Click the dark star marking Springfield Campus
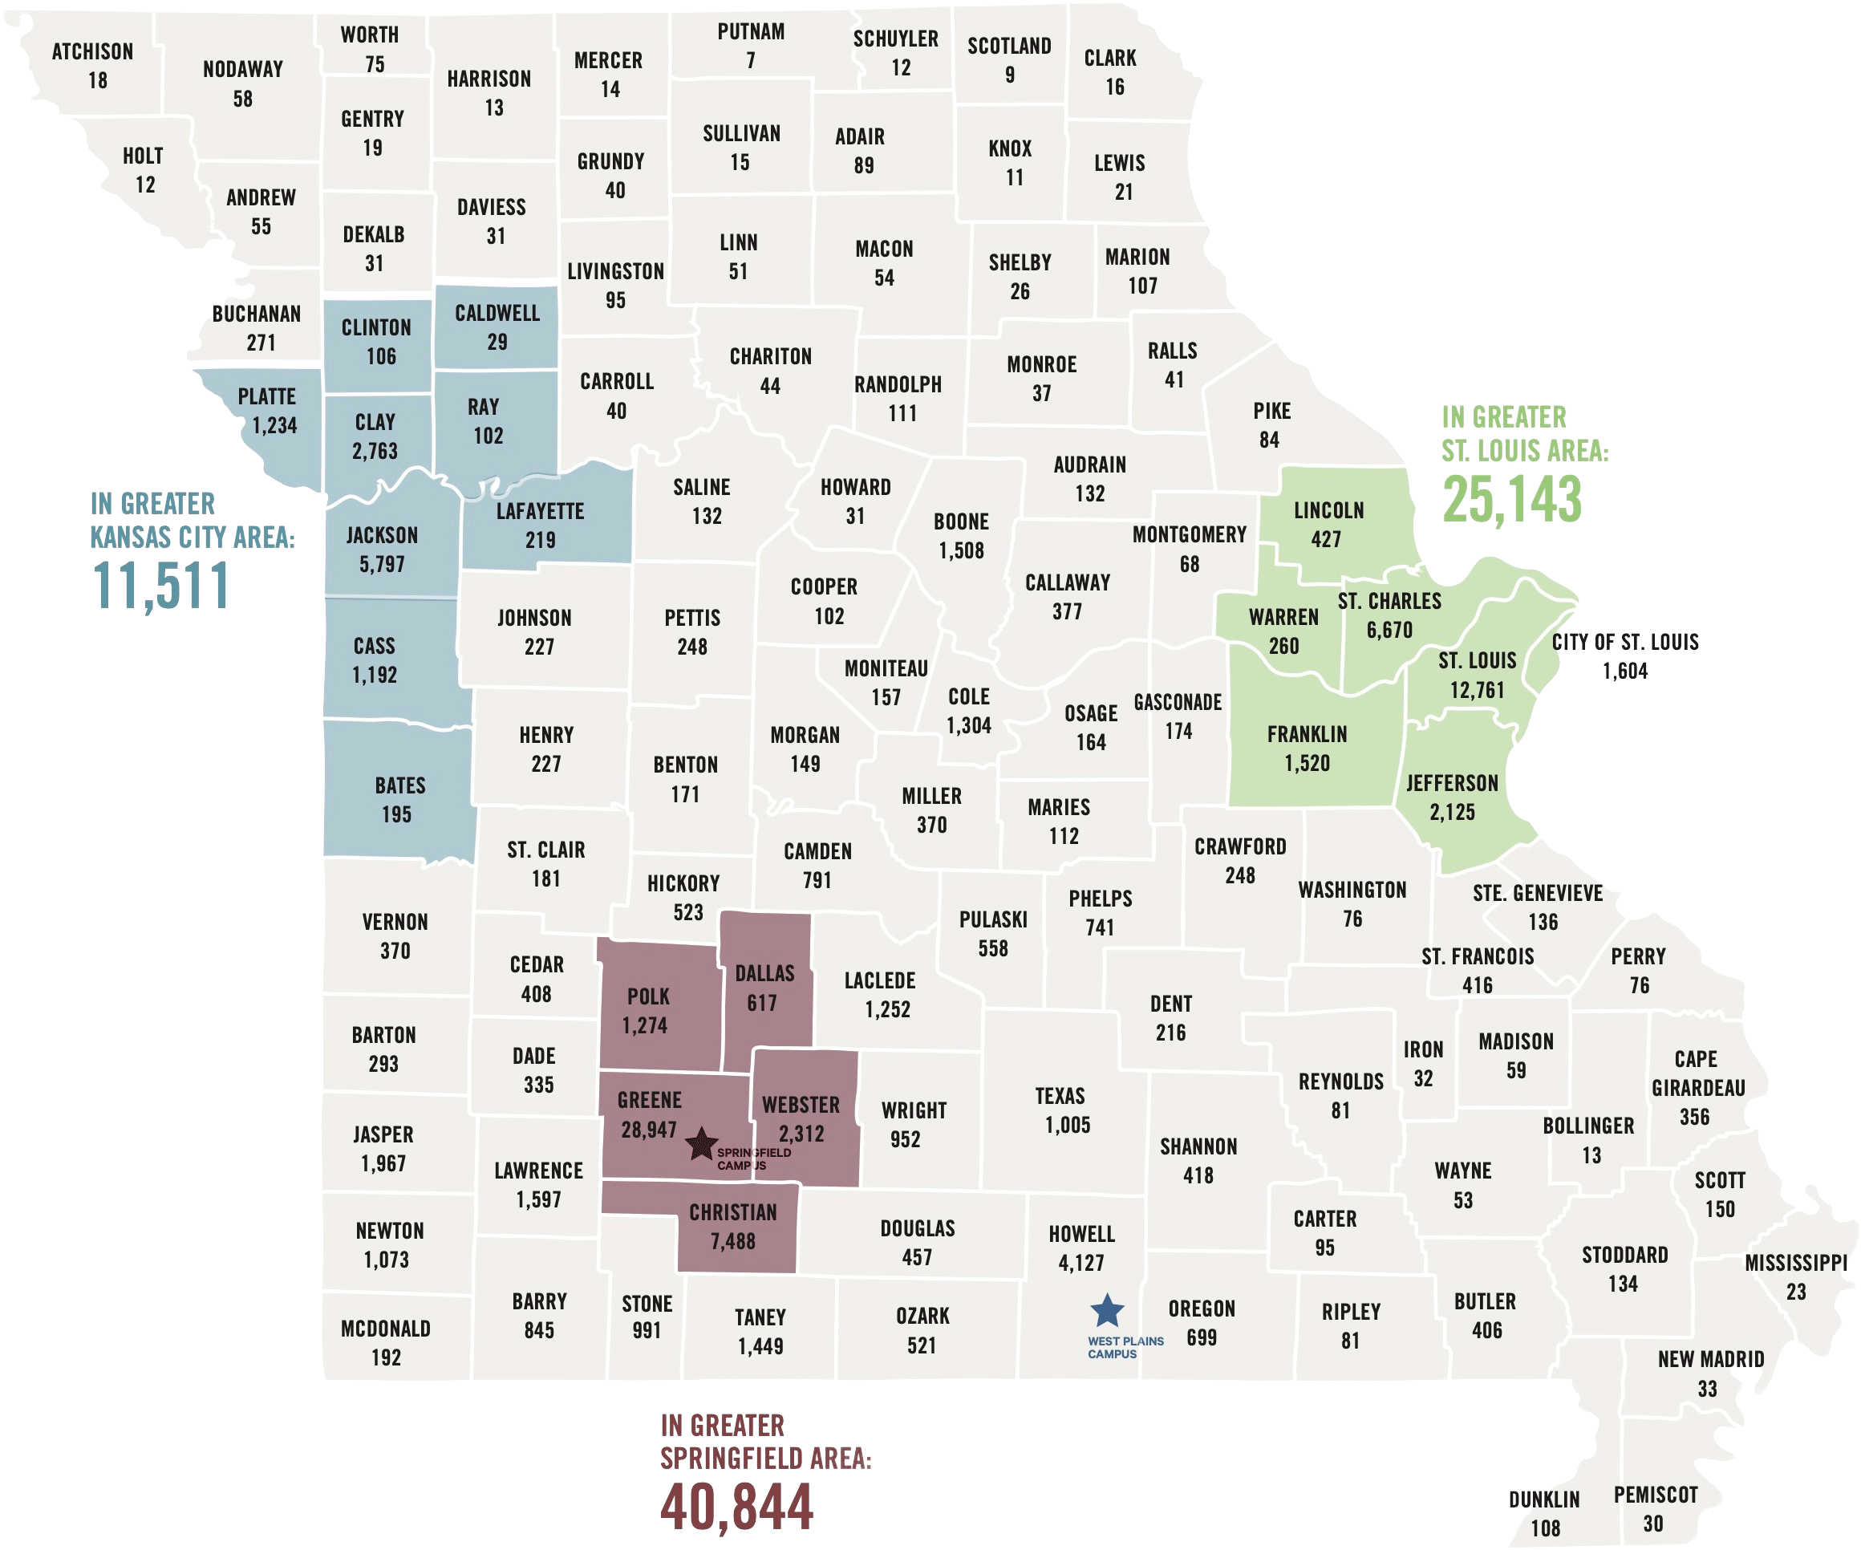(701, 1143)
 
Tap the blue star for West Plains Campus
(1107, 1309)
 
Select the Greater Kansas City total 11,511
(160, 586)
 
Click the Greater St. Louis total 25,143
(1511, 500)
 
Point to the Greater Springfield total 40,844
(736, 1507)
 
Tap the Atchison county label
(92, 51)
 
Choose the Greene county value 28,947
(648, 1130)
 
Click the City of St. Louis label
(1624, 642)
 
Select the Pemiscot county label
(1656, 1495)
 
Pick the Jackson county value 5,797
(382, 564)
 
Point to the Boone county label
(961, 521)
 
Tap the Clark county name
(1110, 58)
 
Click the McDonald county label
(385, 1329)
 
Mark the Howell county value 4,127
(1080, 1262)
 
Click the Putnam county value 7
(751, 60)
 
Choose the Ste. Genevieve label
(1537, 893)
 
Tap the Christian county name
(732, 1212)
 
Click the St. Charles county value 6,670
(1389, 630)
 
